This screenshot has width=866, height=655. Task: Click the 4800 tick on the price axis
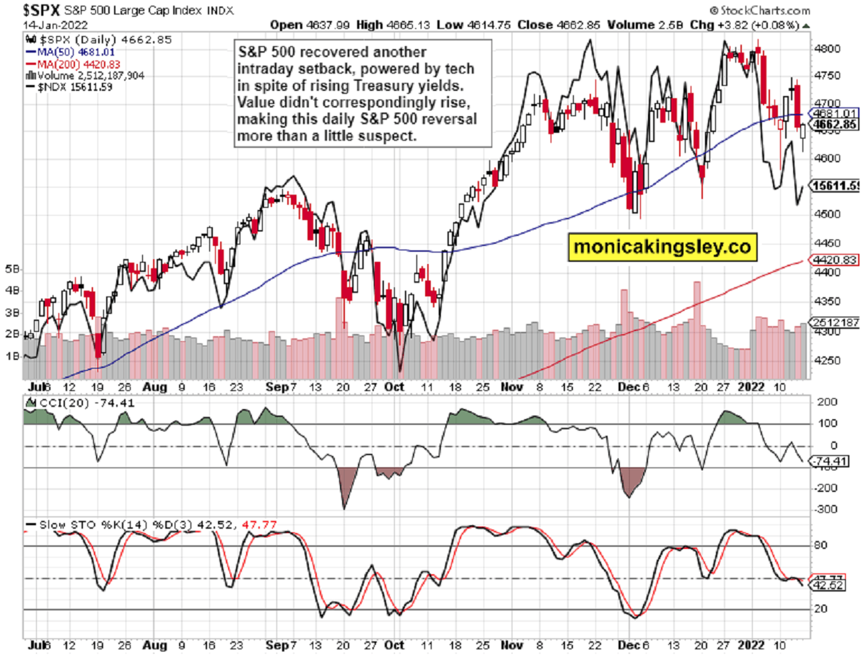point(824,49)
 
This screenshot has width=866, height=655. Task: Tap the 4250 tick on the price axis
point(824,360)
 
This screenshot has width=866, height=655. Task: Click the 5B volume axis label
point(14,268)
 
